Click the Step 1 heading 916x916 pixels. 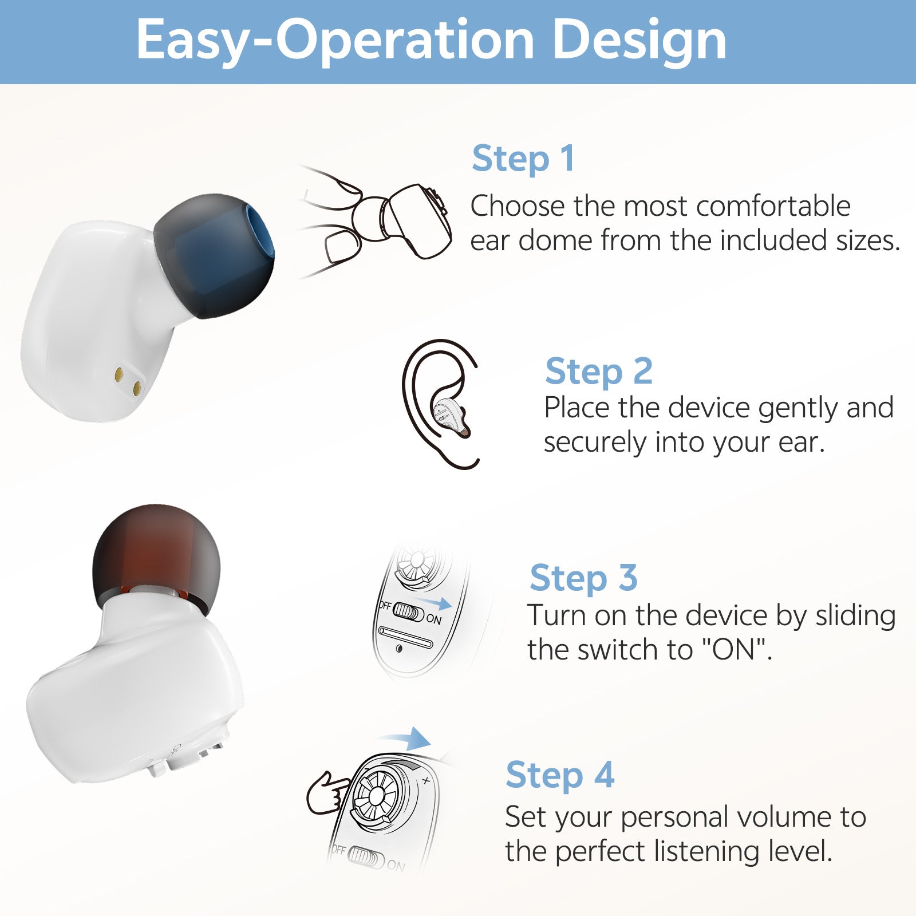click(x=523, y=159)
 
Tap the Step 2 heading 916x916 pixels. click(x=598, y=371)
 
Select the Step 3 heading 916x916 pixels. click(x=583, y=578)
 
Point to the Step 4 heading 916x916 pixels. click(x=560, y=775)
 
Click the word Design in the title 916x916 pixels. click(x=639, y=40)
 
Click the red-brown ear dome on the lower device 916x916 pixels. click(x=156, y=555)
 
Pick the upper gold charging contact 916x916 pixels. click(x=119, y=374)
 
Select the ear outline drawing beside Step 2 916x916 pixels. click(x=440, y=403)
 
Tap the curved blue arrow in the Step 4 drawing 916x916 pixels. click(x=408, y=739)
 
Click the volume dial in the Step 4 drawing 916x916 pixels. click(x=378, y=796)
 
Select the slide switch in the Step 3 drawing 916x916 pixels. click(x=408, y=611)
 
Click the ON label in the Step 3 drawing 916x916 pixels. click(x=434, y=619)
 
